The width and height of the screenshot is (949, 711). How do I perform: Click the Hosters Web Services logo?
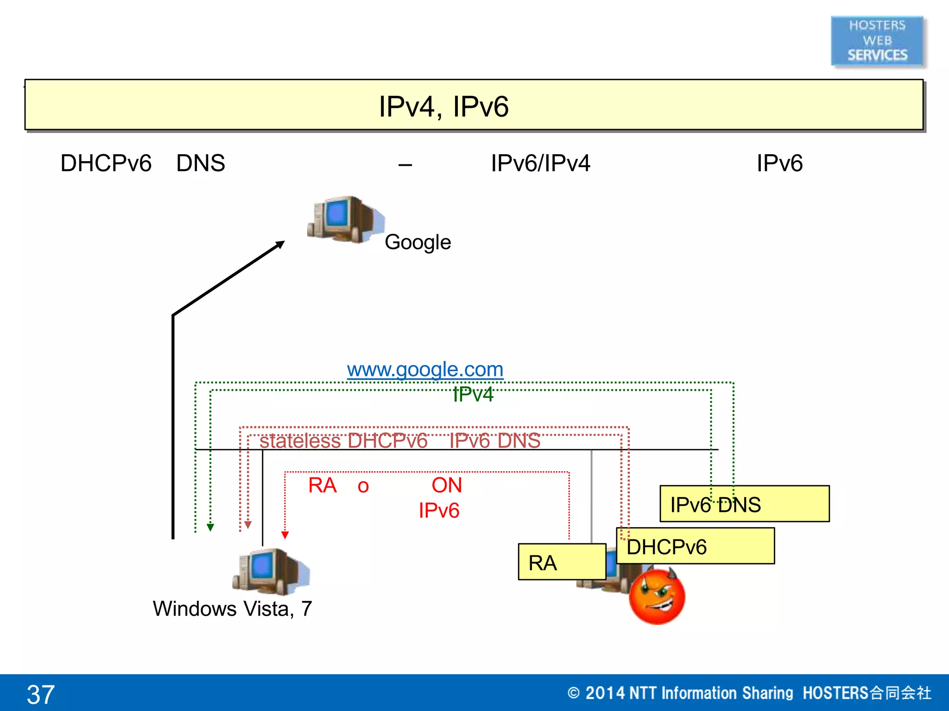pyautogui.click(x=877, y=41)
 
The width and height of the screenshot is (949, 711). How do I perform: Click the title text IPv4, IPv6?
pyautogui.click(x=443, y=106)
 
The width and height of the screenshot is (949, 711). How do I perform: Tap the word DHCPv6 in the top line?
pyautogui.click(x=106, y=163)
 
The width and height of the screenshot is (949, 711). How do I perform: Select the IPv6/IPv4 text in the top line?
pyautogui.click(x=540, y=163)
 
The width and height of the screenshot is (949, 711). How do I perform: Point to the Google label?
pyautogui.click(x=418, y=242)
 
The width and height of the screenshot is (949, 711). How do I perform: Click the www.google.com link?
pyautogui.click(x=425, y=369)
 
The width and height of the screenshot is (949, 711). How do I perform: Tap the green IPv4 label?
pyautogui.click(x=473, y=395)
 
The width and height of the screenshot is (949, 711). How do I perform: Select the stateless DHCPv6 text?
pyautogui.click(x=343, y=441)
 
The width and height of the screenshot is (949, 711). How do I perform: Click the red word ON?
pyautogui.click(x=447, y=486)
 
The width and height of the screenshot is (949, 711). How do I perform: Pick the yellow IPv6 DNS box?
pyautogui.click(x=744, y=504)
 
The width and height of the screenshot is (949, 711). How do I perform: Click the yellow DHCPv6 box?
pyautogui.click(x=695, y=547)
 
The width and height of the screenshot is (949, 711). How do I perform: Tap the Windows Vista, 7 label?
pyautogui.click(x=232, y=609)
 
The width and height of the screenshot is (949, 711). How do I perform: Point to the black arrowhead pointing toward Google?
pyautogui.click(x=279, y=244)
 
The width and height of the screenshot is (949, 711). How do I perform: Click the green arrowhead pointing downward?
pyautogui.click(x=210, y=527)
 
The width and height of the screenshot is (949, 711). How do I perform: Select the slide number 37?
pyautogui.click(x=41, y=694)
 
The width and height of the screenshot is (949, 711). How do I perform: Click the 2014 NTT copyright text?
pyautogui.click(x=749, y=693)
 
